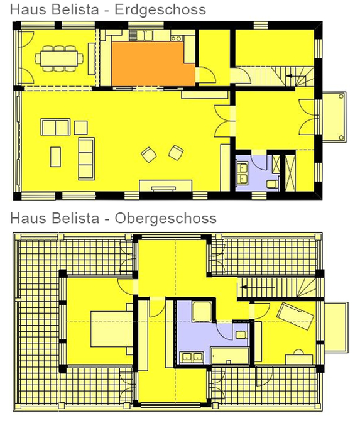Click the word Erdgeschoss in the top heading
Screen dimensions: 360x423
(160, 9)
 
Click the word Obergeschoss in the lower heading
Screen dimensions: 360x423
(166, 219)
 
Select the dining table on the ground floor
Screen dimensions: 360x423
(59, 58)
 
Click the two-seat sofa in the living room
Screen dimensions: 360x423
(55, 127)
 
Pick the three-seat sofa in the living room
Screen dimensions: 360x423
(86, 158)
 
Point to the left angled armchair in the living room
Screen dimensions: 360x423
(149, 155)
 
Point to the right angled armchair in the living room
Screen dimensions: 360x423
(176, 153)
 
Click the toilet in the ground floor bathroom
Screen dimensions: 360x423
(272, 184)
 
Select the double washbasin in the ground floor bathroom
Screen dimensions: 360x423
(242, 173)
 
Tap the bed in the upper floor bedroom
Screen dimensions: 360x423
(112, 329)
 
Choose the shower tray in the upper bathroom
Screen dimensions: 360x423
(202, 312)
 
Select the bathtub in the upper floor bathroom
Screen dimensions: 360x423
(230, 356)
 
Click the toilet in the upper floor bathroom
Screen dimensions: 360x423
(241, 335)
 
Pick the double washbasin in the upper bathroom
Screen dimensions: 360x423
(192, 357)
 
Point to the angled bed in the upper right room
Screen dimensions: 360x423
(295, 316)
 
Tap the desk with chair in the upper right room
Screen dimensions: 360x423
(299, 358)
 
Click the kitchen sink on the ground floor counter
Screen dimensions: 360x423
(145, 35)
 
